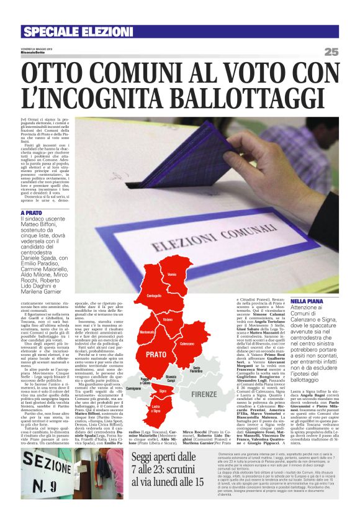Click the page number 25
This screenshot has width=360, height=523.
[331, 52]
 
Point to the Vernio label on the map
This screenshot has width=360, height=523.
[172, 275]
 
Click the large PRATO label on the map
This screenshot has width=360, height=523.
[156, 355]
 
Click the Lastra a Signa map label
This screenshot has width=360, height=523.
[156, 407]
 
